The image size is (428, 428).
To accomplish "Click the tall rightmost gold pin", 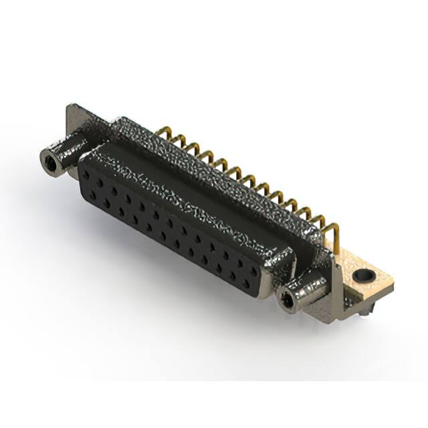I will pos(336,237).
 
